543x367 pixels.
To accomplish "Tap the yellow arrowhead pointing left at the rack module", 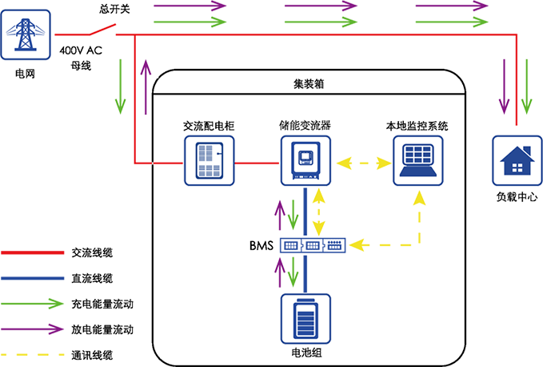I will pos(357,244).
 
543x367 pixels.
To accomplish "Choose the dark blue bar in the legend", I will pos(32,272).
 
